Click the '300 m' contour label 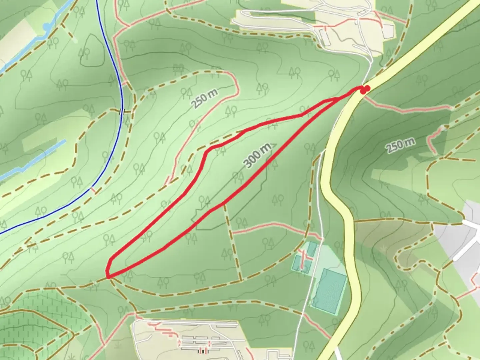tap(257, 156)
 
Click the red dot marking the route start tap(366, 89)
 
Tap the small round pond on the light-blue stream tap(47, 26)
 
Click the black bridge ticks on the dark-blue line tap(122, 111)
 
